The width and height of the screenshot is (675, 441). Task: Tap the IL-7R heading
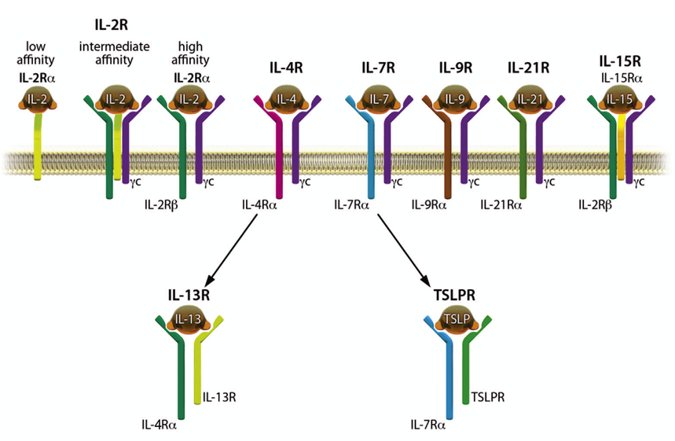click(377, 68)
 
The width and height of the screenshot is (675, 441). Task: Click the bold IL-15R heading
click(618, 60)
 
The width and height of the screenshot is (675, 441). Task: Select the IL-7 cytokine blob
click(377, 99)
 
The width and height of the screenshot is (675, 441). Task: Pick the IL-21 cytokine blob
click(527, 99)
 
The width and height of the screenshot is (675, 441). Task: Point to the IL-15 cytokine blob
click(618, 100)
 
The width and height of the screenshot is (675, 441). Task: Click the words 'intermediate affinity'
click(115, 53)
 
